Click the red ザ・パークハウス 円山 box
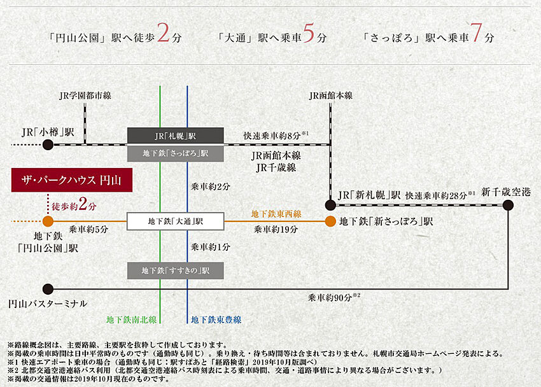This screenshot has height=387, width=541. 71,181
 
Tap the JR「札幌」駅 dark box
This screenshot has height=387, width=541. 176,136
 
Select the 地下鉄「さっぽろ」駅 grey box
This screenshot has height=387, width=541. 176,153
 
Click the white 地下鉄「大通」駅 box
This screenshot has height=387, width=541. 176,222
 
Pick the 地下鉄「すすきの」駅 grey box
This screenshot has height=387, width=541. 176,271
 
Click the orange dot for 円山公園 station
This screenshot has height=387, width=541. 48,222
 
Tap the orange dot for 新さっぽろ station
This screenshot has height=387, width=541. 330,222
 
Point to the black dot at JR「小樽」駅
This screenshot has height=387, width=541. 48,144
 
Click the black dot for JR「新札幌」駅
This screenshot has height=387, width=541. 330,205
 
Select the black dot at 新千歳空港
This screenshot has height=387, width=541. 508,205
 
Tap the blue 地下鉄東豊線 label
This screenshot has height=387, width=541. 216,319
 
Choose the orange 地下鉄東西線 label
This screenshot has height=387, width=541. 276,214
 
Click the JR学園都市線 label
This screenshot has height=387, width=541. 85,95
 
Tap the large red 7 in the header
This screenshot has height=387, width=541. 477,35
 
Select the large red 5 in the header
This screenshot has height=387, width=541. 309,35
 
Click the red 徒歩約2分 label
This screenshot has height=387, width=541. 74,206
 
